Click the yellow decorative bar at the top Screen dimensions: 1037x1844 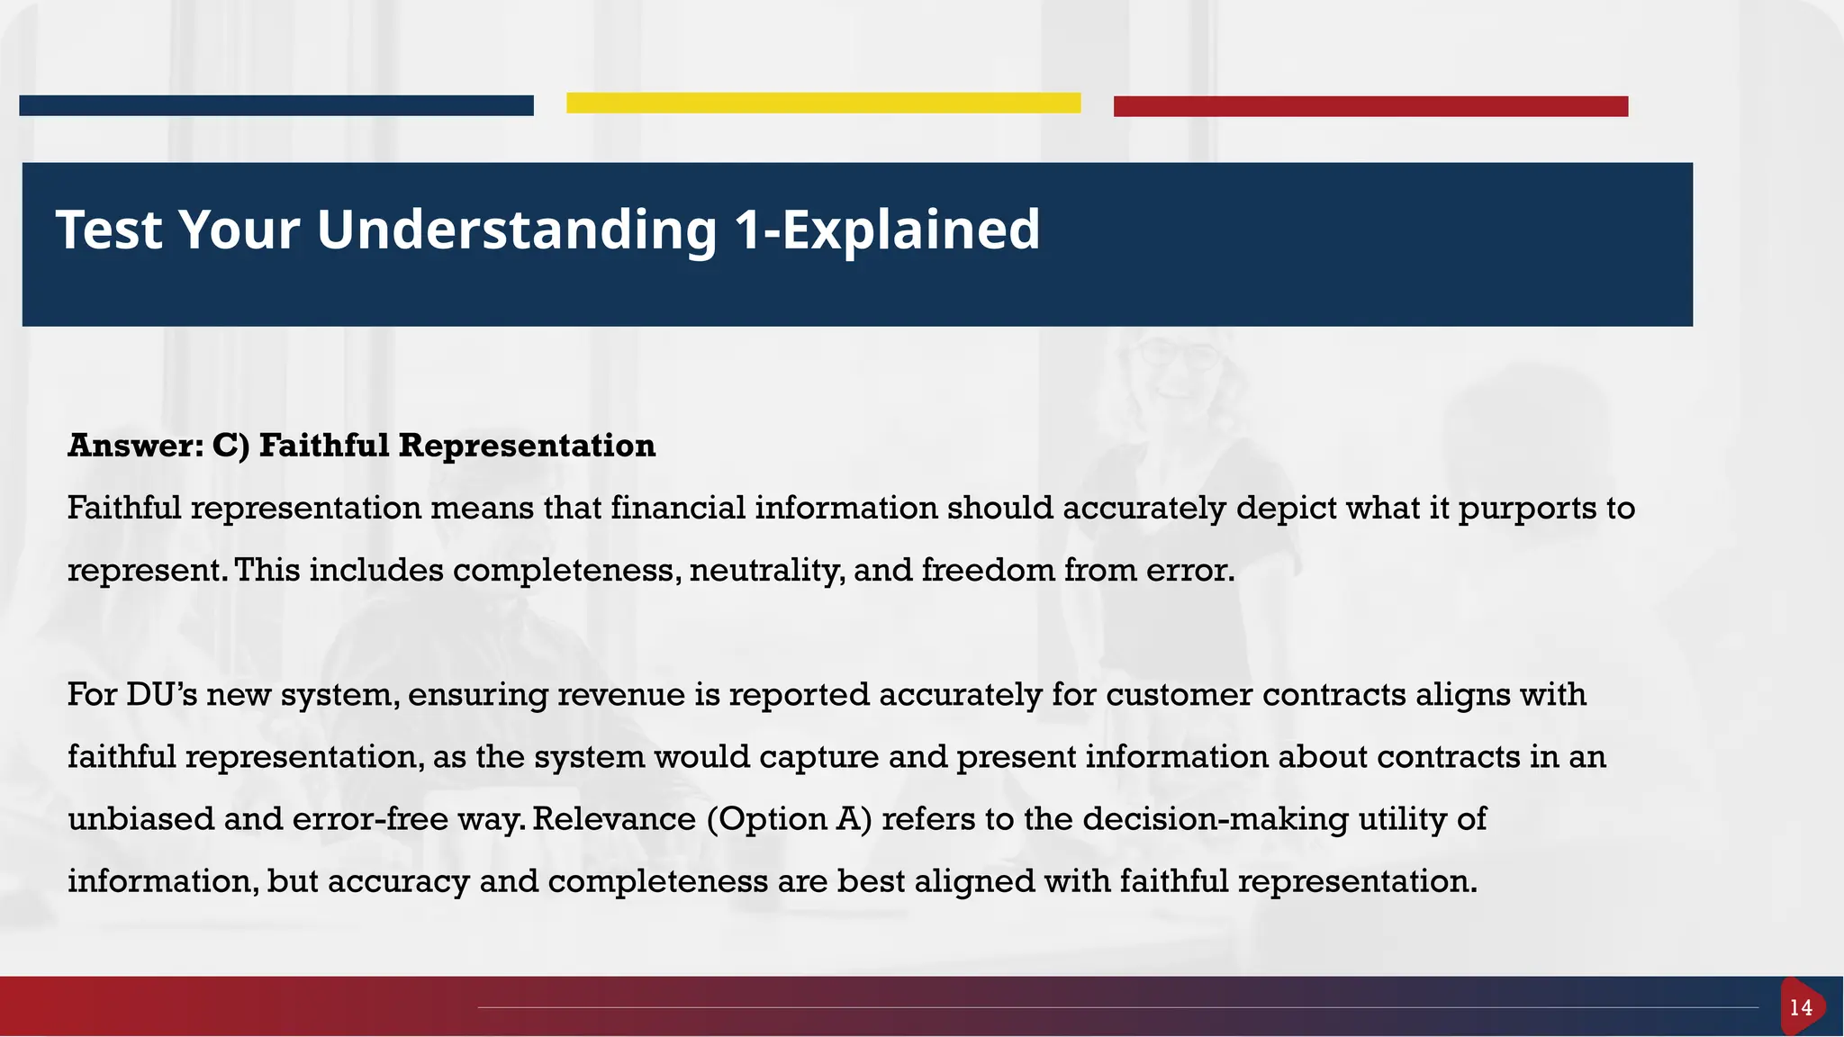823,103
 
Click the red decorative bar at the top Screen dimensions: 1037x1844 1370,106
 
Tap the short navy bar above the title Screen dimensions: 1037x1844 276,105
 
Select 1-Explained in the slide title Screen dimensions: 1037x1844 887,230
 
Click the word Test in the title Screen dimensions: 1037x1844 109,230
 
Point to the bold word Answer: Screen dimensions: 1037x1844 135,446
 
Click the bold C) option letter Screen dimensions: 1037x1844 230,446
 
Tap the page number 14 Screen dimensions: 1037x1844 1801,1008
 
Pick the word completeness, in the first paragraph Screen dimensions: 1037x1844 566,571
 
